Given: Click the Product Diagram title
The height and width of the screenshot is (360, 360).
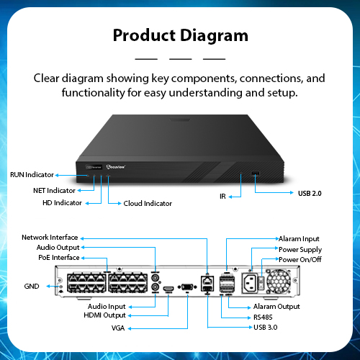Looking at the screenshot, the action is [x=181, y=35].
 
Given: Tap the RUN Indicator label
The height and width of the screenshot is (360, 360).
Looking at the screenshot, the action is [x=32, y=175].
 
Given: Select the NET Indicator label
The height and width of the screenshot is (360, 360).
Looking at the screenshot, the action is [x=54, y=191].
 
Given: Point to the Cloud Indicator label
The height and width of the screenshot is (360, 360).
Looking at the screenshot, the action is [x=148, y=204].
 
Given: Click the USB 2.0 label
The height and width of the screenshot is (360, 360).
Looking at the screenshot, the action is [x=310, y=194].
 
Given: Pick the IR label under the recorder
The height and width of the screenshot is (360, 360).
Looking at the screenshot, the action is [x=222, y=197].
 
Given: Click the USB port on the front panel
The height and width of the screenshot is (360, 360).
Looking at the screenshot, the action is [x=255, y=174].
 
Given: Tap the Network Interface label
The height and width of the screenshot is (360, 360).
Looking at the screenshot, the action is [x=50, y=238].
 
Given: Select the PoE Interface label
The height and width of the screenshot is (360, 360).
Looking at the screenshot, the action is [x=59, y=258].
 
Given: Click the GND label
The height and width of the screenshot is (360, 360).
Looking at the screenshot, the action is [x=32, y=287].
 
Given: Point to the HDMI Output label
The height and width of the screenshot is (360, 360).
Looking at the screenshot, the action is [x=104, y=315].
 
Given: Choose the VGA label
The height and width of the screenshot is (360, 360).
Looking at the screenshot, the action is [x=118, y=328].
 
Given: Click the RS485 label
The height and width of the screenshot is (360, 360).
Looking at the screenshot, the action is [x=263, y=318].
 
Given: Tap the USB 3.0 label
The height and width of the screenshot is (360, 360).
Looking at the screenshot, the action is [x=266, y=328].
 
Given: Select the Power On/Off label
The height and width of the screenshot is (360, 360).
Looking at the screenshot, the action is [x=300, y=259].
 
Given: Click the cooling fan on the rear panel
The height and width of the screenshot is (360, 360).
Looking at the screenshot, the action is [x=279, y=281].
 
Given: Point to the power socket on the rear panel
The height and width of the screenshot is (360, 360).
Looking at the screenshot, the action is [x=249, y=283].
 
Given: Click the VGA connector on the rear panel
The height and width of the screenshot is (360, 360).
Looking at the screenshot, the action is [x=187, y=287].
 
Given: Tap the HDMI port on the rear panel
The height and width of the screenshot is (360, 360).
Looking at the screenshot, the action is [x=168, y=289].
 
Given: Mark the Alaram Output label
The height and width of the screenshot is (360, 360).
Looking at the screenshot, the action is [x=276, y=307].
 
